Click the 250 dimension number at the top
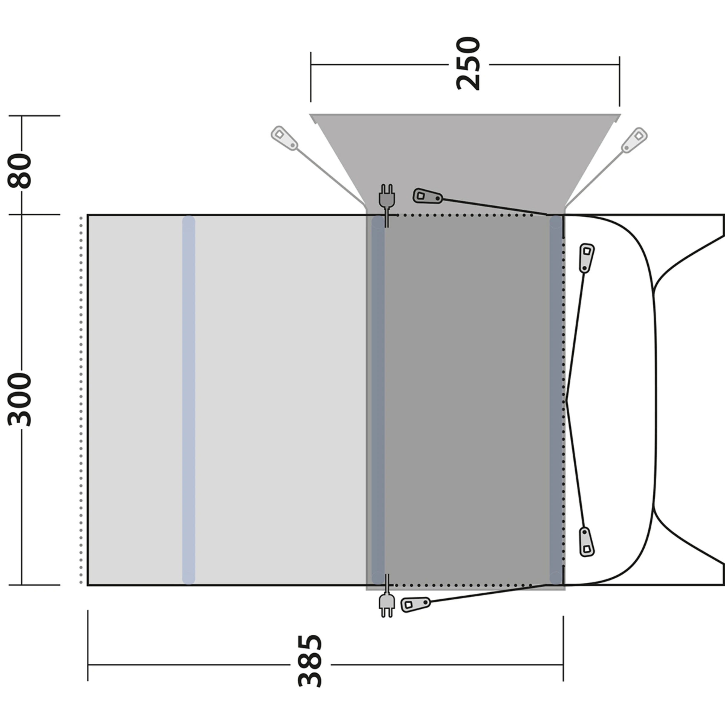click(468, 64)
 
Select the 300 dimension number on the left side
click(20, 399)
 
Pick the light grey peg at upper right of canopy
click(634, 140)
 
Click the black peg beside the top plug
click(427, 196)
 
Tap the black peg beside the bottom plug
click(415, 604)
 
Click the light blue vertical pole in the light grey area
click(188, 399)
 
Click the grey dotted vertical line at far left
click(81, 399)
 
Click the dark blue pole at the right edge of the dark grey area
click(556, 399)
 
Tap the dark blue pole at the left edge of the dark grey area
click(378, 399)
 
